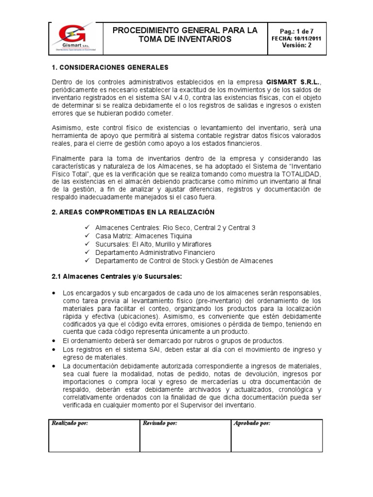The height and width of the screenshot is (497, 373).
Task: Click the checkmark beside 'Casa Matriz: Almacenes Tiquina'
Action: point(87,236)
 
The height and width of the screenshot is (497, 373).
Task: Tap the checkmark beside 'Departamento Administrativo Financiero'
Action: point(87,252)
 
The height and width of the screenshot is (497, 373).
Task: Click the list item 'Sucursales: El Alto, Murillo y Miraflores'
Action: point(153,244)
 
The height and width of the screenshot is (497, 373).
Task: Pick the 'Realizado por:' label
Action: point(70,423)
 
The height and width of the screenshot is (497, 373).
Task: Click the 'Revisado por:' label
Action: point(160,423)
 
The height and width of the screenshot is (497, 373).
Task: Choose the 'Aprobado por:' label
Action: point(252,423)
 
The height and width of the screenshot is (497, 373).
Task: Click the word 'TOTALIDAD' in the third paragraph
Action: point(301,174)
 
